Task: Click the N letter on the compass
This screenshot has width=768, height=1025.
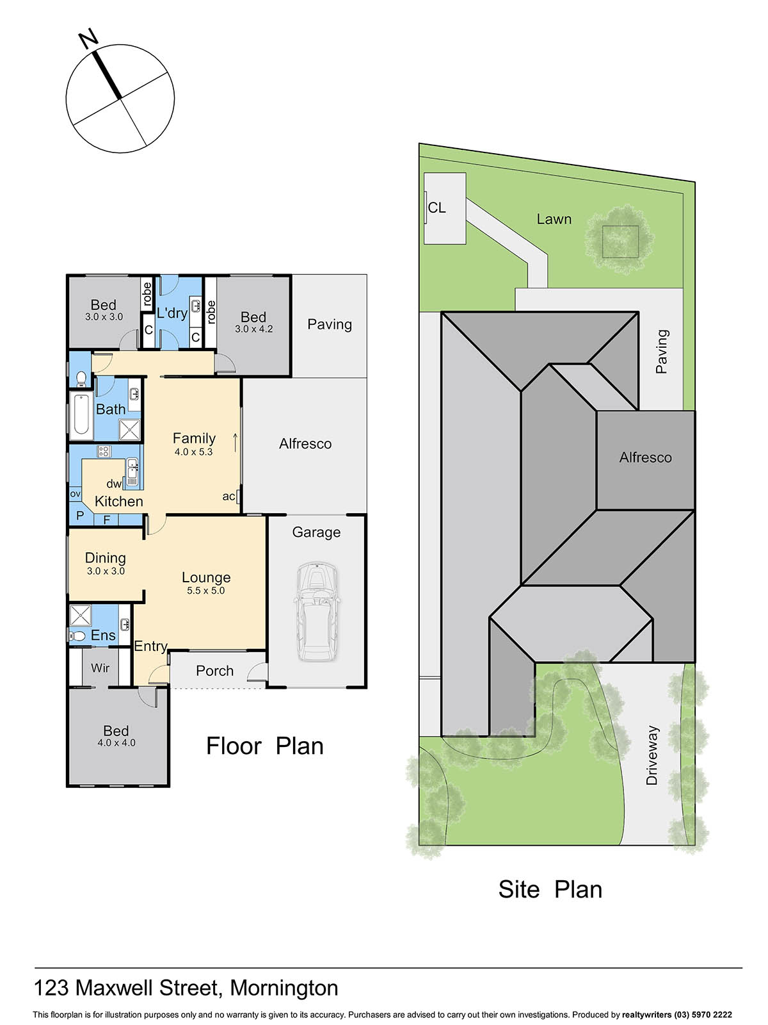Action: [88, 39]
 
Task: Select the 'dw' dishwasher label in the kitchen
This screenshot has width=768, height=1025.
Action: [114, 484]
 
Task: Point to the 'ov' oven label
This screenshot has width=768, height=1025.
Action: [75, 493]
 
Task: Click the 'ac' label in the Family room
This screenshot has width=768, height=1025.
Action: [228, 496]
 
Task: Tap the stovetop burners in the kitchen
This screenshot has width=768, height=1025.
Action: [104, 451]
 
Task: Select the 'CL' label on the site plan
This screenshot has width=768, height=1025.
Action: [436, 208]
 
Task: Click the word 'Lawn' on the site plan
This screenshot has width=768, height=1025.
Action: [554, 219]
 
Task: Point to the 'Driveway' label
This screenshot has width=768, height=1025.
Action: [652, 755]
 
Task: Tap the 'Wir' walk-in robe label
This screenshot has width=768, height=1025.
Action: [100, 668]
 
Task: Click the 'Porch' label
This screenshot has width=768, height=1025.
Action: [214, 671]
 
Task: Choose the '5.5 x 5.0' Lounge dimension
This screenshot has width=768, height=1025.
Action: [205, 590]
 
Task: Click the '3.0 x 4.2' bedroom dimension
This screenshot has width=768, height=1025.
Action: [253, 329]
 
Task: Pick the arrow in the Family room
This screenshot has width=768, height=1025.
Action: [235, 443]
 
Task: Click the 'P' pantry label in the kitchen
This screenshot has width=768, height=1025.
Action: [80, 516]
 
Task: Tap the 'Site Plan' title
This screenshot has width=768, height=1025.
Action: [550, 889]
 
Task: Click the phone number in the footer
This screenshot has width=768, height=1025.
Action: [701, 1014]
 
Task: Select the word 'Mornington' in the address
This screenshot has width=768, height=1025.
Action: [284, 988]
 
